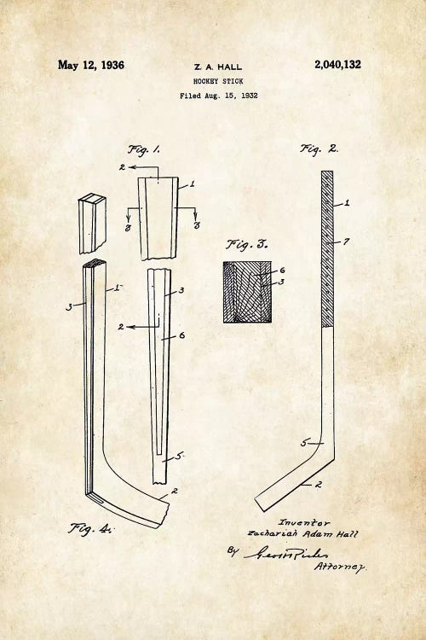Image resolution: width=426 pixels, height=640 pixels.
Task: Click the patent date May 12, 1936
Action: coord(90,65)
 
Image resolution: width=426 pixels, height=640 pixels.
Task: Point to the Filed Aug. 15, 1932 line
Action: coord(218,96)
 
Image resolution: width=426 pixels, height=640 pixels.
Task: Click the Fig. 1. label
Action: coord(144,149)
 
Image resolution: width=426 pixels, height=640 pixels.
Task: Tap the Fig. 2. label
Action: coord(319,148)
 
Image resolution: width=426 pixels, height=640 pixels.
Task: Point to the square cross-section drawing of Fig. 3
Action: coord(246,292)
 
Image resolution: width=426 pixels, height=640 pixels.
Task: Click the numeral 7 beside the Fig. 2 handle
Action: coord(347,243)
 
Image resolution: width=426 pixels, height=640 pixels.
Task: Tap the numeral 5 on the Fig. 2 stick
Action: coord(303,443)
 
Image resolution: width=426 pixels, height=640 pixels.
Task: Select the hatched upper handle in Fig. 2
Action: coord(327,247)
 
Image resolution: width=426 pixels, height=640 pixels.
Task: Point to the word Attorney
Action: coord(341,566)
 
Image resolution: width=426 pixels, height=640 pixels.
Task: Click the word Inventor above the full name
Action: coord(304,522)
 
